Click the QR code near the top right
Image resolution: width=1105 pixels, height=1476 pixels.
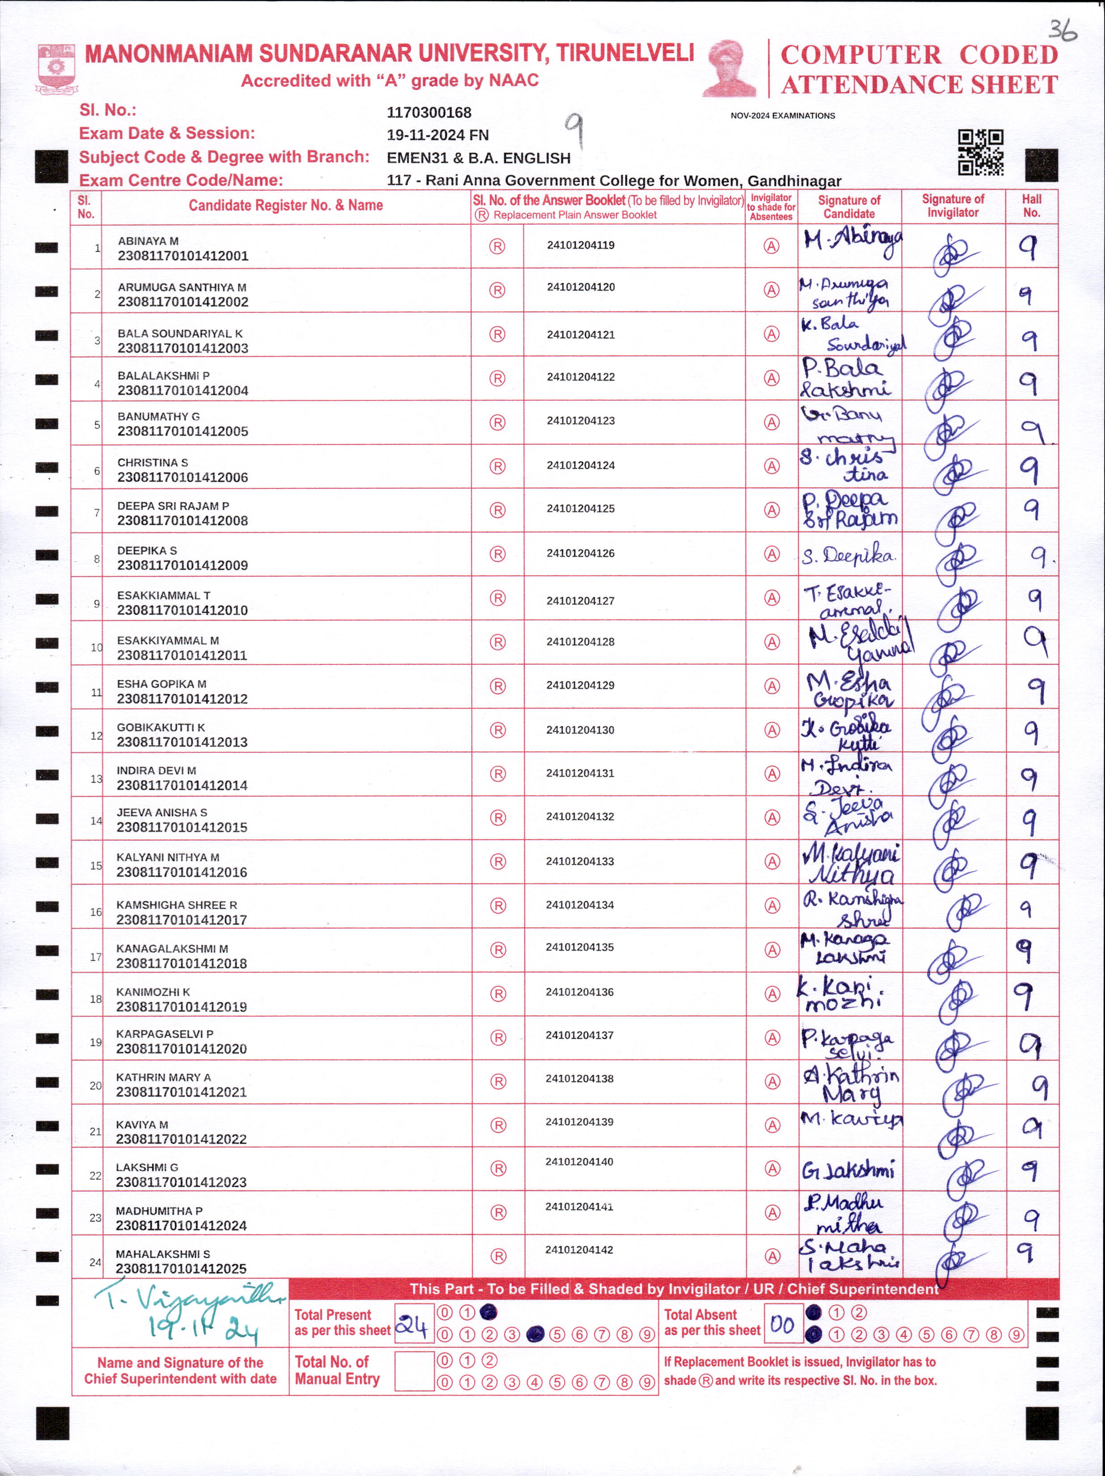[980, 152]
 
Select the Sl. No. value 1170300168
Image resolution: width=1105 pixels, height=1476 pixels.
[429, 113]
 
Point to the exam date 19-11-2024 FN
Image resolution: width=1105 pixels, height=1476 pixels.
[438, 135]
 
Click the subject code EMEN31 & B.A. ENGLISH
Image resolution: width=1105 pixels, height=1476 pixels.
[478, 158]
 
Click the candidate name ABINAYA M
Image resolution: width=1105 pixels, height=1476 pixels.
[148, 241]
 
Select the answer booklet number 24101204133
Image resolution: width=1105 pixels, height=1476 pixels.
[580, 861]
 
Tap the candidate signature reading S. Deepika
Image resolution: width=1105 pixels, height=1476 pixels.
[848, 555]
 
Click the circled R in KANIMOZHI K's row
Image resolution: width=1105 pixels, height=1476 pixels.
[498, 994]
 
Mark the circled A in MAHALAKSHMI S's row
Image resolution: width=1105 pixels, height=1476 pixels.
[772, 1257]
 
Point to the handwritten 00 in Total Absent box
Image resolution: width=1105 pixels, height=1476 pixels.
[782, 1324]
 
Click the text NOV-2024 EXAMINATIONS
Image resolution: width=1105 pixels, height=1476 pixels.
[783, 115]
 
